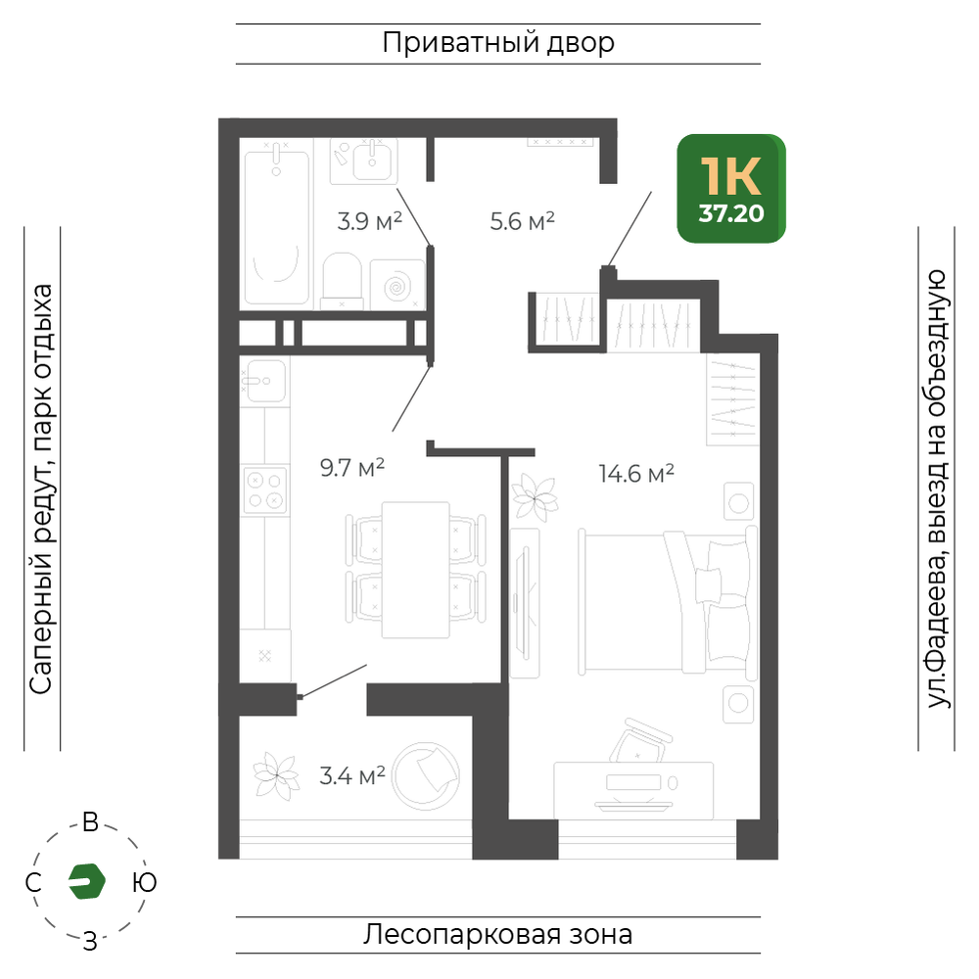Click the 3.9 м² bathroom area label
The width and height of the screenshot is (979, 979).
click(370, 221)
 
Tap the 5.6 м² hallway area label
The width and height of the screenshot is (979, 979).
click(523, 221)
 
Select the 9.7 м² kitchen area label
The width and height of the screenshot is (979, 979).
click(352, 467)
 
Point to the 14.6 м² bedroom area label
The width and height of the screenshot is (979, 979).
click(636, 473)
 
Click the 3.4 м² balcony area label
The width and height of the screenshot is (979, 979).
click(352, 775)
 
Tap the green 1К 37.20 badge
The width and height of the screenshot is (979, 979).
click(731, 189)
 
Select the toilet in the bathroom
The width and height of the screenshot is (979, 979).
click(342, 280)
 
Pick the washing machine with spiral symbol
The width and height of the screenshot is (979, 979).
click(397, 285)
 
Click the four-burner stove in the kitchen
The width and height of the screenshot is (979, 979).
click(265, 490)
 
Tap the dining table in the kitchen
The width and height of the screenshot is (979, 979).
click(416, 570)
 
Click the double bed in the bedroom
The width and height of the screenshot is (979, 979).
click(668, 601)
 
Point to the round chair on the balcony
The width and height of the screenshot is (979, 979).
click(426, 776)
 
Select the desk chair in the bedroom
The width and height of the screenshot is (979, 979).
click(639, 740)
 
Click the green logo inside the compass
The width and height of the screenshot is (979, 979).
click(87, 881)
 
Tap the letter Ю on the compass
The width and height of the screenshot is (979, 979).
click(144, 883)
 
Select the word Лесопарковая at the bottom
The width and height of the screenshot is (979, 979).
click(462, 935)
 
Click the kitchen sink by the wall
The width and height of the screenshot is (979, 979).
click(264, 381)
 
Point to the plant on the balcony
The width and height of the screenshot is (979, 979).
click(275, 776)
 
